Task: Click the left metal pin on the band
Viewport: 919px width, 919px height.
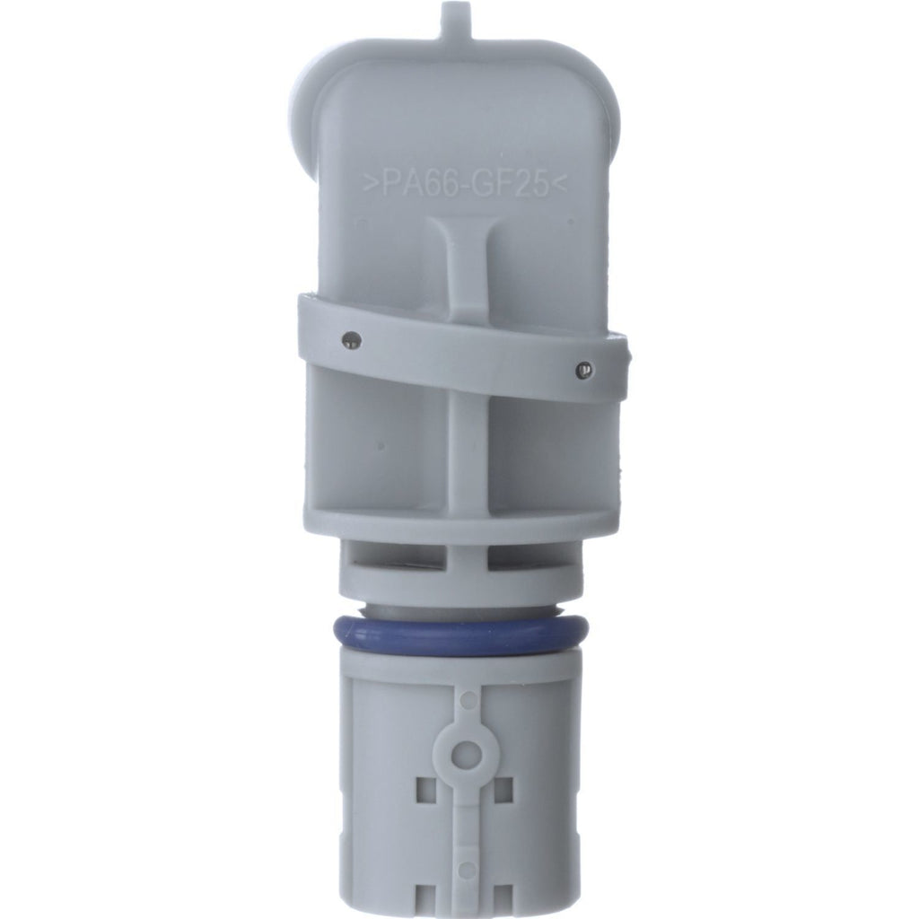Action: click(352, 340)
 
